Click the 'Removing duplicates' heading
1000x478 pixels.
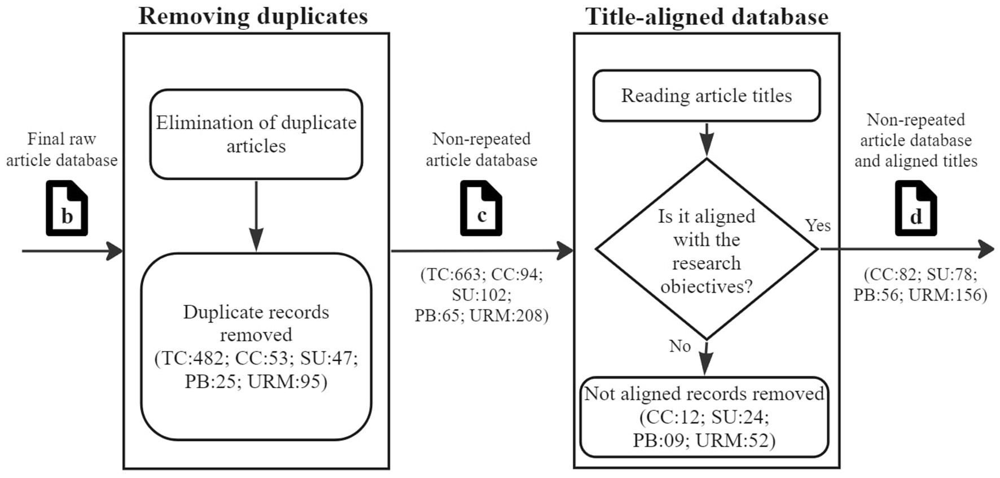[x=253, y=16]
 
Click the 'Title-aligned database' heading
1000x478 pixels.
[x=707, y=16]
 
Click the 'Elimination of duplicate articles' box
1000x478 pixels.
[x=256, y=134]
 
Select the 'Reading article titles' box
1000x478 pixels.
[x=707, y=96]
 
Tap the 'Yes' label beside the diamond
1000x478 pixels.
[x=818, y=225]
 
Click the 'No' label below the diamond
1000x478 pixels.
[x=679, y=346]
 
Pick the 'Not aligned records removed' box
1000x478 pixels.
[x=704, y=416]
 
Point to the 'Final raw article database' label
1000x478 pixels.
[x=62, y=150]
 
